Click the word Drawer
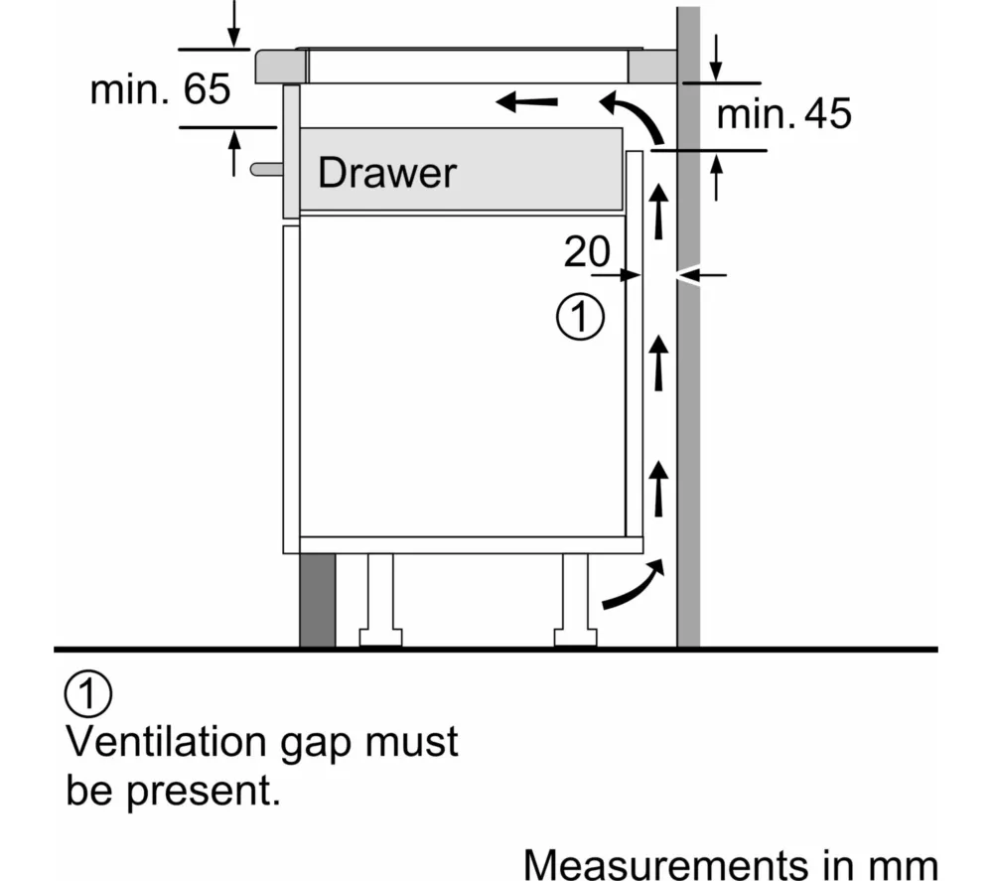386,173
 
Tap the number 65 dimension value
208,90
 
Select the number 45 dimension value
827,115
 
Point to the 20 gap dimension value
587,253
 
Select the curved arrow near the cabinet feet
633,585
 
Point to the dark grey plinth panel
317,600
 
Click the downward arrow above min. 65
233,24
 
